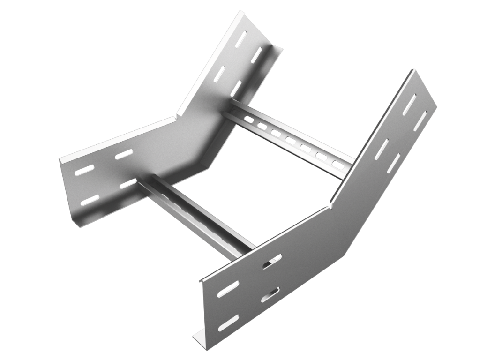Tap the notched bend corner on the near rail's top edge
coord(330,205)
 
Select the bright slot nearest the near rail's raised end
coord(421,121)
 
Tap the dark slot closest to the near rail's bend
coord(381,149)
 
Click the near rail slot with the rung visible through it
coord(272,261)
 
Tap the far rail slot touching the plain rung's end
coord(128,183)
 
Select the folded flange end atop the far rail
coord(277,50)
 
